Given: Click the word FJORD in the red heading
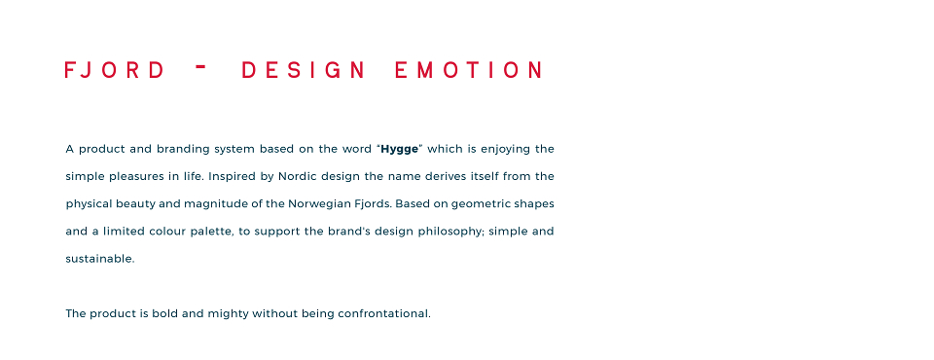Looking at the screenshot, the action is pyautogui.click(x=115, y=70).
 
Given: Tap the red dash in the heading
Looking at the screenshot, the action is pyautogui.click(x=200, y=67).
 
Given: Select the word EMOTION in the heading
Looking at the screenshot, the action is pyautogui.click(x=468, y=70).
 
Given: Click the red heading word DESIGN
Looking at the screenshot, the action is pyautogui.click(x=304, y=70).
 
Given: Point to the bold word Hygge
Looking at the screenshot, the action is pyautogui.click(x=400, y=150).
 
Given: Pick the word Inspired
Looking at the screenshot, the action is pyautogui.click(x=230, y=177).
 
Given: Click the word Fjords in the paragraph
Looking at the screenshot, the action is pyautogui.click(x=374, y=204).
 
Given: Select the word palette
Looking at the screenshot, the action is pyautogui.click(x=212, y=232).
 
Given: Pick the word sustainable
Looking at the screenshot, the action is pyautogui.click(x=100, y=259).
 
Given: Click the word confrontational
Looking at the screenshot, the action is pyautogui.click(x=384, y=313).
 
